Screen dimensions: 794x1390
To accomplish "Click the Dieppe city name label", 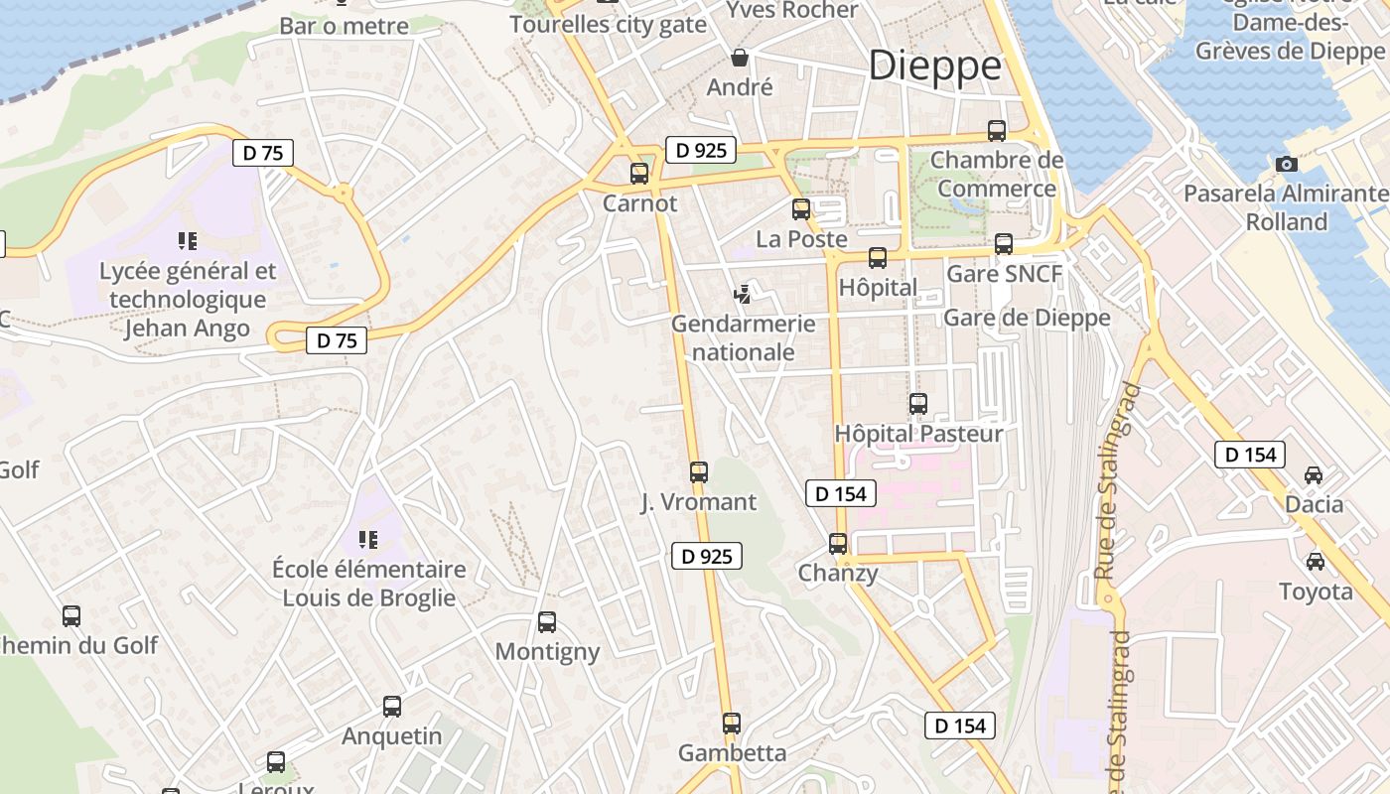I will coord(934,66).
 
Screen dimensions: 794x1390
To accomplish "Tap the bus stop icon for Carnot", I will coord(639,174).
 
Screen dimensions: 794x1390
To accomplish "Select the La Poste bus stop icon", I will coord(801,209).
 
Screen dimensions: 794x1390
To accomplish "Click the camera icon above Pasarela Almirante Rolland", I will coord(1287,164).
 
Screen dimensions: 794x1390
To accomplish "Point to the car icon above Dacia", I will coord(1314,475).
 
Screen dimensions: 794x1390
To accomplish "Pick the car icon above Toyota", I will coord(1316,562).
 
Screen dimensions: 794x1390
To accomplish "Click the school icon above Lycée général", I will coord(187,240).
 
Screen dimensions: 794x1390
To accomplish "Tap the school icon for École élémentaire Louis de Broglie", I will coord(368,540).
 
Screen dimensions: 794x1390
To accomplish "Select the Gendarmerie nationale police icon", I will coord(742,294).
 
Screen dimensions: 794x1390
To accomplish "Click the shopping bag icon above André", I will coord(739,57).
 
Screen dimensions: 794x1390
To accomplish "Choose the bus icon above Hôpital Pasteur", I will coord(918,404).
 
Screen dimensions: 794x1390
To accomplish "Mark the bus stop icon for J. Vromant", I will coord(699,472).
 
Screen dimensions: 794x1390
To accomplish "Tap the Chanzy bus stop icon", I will coord(838,544).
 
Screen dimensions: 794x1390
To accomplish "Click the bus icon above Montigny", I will coord(547,622).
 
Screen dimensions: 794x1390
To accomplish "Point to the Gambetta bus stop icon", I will coord(732,724).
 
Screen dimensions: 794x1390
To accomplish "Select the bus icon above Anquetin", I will coord(392,707).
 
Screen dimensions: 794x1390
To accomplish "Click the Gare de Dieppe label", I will coord(1027,318).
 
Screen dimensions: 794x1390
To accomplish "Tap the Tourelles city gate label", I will coord(608,25).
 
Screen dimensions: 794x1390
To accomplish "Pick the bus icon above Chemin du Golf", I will coord(71,615).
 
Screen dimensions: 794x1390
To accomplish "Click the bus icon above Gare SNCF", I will coord(1004,244).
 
